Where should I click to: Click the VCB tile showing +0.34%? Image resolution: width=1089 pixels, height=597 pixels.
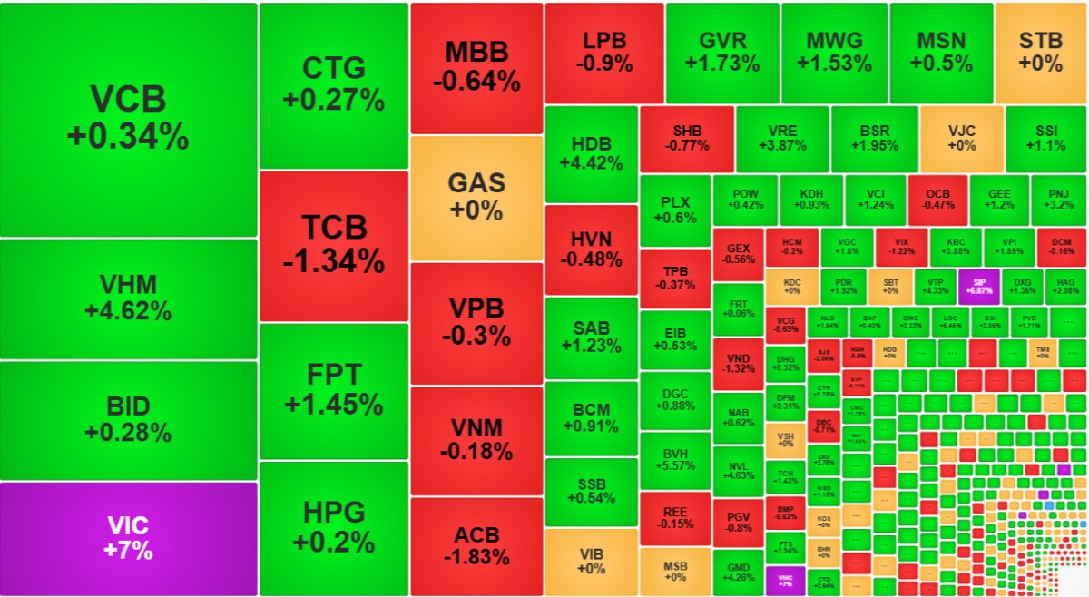[x=128, y=119]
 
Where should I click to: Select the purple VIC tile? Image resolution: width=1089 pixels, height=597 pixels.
[x=128, y=538]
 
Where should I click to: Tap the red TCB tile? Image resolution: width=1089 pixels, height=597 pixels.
[x=333, y=245]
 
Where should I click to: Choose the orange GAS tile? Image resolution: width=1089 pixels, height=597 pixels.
[x=476, y=197]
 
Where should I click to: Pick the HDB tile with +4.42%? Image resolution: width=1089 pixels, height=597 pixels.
[x=591, y=153]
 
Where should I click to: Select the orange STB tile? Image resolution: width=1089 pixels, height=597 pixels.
[x=1040, y=53]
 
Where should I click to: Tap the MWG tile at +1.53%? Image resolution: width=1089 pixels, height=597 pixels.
[x=834, y=53]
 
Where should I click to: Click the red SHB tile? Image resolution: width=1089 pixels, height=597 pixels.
[x=686, y=138]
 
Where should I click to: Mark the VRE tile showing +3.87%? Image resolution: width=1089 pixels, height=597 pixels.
[x=782, y=138]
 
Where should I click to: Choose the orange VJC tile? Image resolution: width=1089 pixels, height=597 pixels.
[x=961, y=138]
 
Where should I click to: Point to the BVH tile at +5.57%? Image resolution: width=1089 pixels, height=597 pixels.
[x=674, y=458]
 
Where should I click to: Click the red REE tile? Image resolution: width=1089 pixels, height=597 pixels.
[x=674, y=517]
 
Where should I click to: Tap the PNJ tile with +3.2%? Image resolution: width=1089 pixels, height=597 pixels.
[x=1058, y=199]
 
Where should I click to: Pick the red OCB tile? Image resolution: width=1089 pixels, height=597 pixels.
[x=938, y=199]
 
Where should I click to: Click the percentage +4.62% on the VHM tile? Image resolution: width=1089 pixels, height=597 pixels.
[x=128, y=311]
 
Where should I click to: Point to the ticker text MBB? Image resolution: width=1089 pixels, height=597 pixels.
[x=476, y=52]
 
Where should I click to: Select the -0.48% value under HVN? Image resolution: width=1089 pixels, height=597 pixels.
[x=591, y=259]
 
